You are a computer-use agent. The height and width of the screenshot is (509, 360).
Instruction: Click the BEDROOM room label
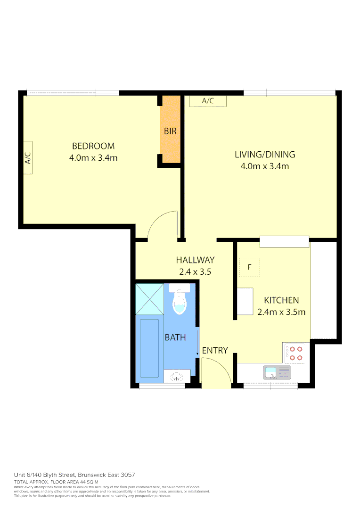(93, 146)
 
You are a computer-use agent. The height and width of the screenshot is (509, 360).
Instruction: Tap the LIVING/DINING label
(265, 155)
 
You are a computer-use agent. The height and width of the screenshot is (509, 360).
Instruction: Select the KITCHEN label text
(281, 300)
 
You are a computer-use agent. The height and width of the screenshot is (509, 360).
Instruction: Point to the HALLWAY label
(195, 260)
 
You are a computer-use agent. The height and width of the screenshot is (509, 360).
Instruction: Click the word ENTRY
(215, 351)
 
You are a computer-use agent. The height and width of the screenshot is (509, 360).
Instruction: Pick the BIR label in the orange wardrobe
(170, 131)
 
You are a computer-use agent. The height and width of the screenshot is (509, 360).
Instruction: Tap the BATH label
(175, 337)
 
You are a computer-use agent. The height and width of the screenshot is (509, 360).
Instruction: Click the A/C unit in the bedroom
(28, 157)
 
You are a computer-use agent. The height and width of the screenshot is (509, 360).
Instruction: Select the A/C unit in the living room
(208, 101)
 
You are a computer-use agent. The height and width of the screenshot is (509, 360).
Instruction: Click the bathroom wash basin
(177, 377)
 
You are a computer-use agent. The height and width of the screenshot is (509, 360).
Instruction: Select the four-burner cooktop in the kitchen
(296, 353)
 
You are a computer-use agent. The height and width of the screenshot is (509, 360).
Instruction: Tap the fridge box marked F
(250, 268)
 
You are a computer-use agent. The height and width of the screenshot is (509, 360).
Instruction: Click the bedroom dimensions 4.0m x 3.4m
(93, 158)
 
